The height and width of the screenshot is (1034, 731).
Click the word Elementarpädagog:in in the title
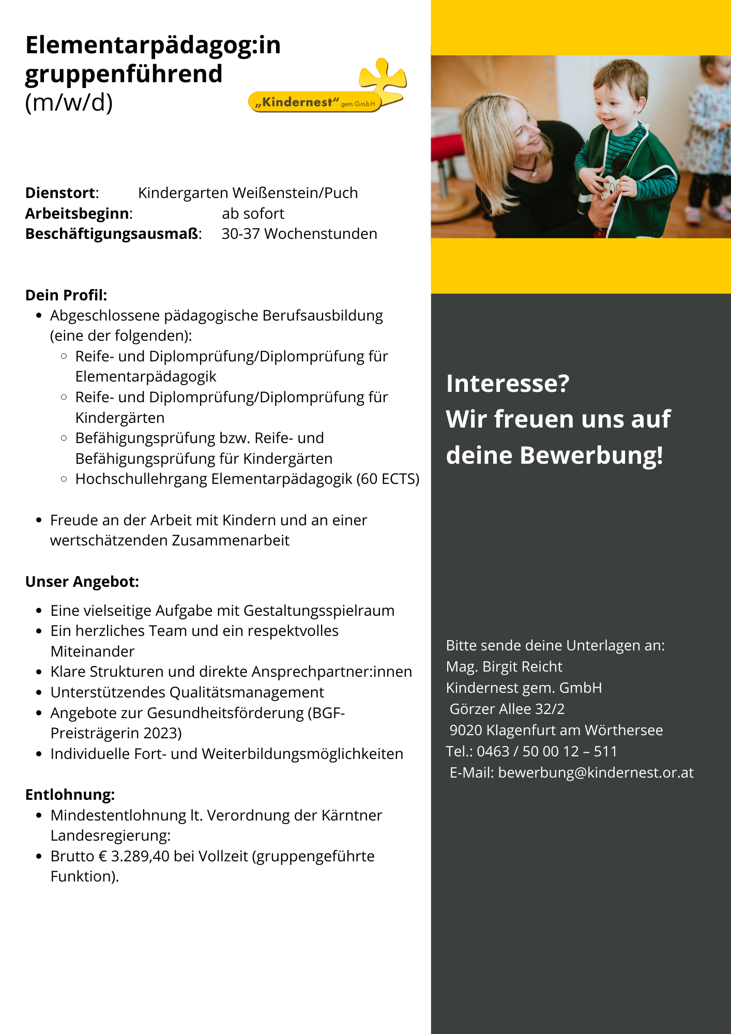[x=153, y=45]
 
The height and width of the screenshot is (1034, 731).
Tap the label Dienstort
[x=61, y=193]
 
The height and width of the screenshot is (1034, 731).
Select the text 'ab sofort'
[x=253, y=214]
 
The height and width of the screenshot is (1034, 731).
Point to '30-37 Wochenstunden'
[x=299, y=234]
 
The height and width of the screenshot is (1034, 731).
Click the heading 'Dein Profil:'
[x=66, y=295]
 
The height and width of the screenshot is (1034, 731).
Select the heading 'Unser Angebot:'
[x=82, y=582]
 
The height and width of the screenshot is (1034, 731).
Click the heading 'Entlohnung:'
[x=70, y=795]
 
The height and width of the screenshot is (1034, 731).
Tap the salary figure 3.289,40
[x=140, y=856]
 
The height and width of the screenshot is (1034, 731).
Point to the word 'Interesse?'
[x=507, y=384]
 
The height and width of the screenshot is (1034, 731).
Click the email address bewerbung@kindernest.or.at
[x=596, y=772]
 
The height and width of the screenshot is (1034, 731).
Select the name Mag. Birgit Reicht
[x=504, y=666]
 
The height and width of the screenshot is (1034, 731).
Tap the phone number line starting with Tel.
[x=531, y=751]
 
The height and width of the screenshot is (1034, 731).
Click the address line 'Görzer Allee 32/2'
[x=507, y=709]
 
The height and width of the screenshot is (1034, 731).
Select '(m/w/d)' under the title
[x=69, y=102]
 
